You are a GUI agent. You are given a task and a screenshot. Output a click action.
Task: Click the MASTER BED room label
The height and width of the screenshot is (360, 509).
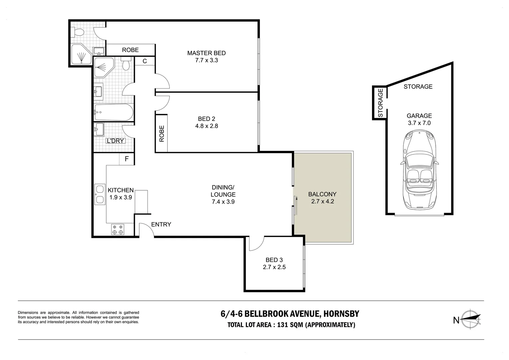(x=206, y=53)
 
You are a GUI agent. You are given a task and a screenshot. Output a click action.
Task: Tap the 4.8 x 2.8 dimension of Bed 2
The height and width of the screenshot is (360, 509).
(x=207, y=126)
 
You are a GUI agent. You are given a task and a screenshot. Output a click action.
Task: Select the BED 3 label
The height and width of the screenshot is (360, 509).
(x=274, y=260)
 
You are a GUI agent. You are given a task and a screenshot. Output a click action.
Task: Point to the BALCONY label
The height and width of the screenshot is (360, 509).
(x=322, y=194)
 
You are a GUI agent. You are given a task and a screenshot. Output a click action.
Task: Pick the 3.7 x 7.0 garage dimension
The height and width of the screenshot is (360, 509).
(x=419, y=123)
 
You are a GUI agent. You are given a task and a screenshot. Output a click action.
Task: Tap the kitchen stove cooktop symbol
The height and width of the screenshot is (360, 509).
(x=118, y=229)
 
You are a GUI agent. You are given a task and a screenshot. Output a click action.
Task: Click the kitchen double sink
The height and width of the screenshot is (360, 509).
(x=100, y=194)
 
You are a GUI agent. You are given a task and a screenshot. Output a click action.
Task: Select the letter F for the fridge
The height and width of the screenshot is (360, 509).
(x=127, y=159)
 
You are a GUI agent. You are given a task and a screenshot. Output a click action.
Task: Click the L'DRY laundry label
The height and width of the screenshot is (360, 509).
(x=116, y=141)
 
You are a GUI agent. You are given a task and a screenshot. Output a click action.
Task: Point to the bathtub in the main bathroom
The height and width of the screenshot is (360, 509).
(x=114, y=112)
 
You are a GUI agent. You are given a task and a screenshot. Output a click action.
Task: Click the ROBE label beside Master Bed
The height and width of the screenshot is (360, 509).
(x=130, y=50)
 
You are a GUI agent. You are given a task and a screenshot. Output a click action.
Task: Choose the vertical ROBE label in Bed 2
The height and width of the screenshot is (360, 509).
(x=162, y=134)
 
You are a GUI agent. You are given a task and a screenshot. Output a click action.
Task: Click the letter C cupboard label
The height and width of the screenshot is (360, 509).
(x=145, y=61)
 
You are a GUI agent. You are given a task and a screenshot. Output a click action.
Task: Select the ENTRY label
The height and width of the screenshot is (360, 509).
(x=161, y=224)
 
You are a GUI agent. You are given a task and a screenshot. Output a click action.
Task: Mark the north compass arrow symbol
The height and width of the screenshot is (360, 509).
(x=471, y=320)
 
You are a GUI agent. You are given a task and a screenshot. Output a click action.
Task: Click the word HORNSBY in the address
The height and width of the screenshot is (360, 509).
(x=341, y=314)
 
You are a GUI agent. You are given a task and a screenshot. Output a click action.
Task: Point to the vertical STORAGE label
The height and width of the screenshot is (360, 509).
(x=380, y=103)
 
